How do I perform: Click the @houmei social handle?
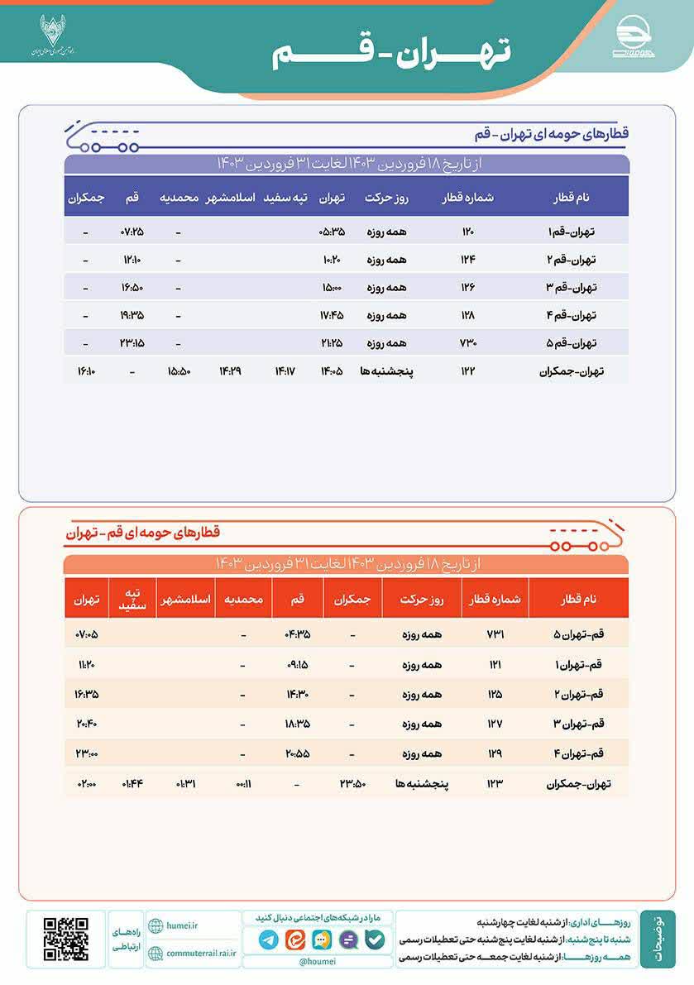click(x=317, y=962)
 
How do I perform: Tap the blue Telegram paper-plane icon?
click(x=268, y=940)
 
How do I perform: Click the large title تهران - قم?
click(x=392, y=52)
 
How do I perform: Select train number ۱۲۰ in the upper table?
click(x=468, y=232)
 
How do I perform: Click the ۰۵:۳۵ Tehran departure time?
click(x=331, y=232)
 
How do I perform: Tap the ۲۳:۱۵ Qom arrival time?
click(x=132, y=342)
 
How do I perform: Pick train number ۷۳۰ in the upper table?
click(x=468, y=342)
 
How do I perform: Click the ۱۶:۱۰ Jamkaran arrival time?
click(x=86, y=371)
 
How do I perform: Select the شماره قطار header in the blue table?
click(x=468, y=198)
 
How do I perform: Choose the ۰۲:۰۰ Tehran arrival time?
click(x=86, y=782)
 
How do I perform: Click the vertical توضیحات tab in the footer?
click(x=657, y=939)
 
